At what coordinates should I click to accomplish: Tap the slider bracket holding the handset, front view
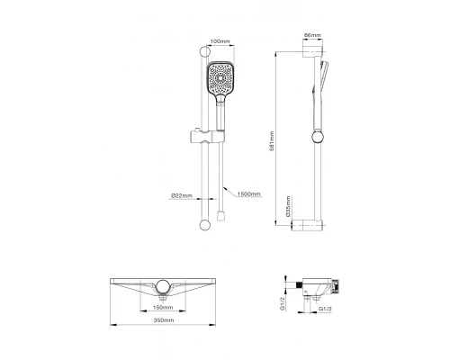pyautogui.click(x=202, y=141)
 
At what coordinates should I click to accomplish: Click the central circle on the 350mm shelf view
pyautogui.click(x=163, y=287)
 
